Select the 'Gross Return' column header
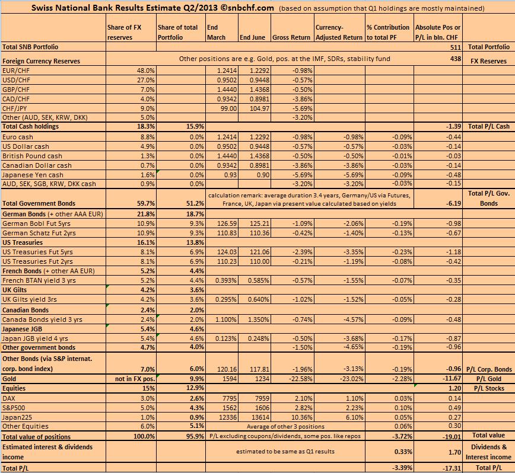tap(291, 37)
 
